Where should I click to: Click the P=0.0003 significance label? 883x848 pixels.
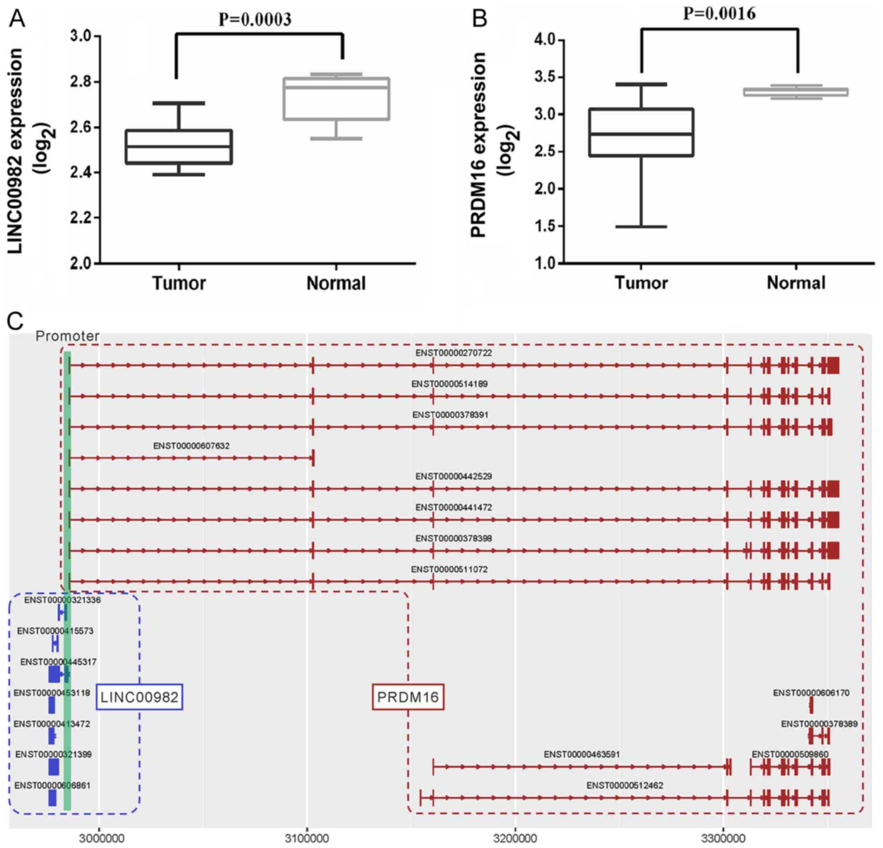click(x=255, y=20)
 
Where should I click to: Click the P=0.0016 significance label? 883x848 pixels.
click(x=720, y=14)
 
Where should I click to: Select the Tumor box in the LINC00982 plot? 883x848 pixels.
click(x=179, y=147)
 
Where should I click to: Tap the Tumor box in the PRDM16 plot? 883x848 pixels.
click(x=641, y=133)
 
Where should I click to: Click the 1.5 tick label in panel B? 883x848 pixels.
click(x=544, y=226)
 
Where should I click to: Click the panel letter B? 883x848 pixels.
click(x=480, y=20)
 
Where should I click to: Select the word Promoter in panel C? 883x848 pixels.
click(x=67, y=336)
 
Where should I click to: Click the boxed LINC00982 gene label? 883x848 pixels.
click(x=140, y=697)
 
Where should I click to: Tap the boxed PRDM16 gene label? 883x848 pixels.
click(x=408, y=697)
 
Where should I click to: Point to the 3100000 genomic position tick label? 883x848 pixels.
click(x=308, y=839)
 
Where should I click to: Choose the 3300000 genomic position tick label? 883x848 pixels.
click(x=723, y=839)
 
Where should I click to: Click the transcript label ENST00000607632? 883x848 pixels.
click(x=191, y=446)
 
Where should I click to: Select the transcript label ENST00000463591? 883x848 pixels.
click(x=582, y=754)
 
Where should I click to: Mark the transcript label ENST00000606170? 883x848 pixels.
click(x=811, y=693)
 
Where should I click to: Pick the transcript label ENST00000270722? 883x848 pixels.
click(x=453, y=353)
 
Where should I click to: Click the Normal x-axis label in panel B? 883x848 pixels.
click(x=796, y=283)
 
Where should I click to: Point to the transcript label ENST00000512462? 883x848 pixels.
click(x=624, y=785)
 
